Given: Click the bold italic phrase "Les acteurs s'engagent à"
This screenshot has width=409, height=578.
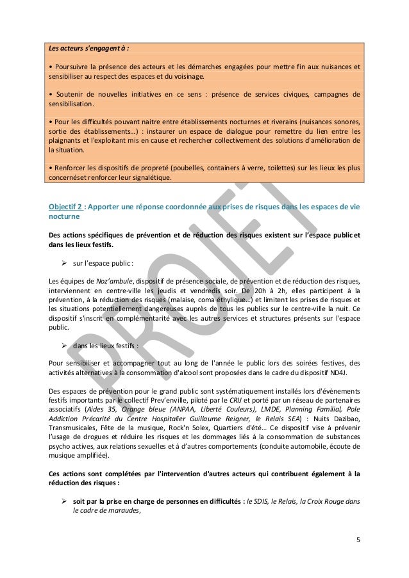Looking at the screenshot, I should (87, 47).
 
